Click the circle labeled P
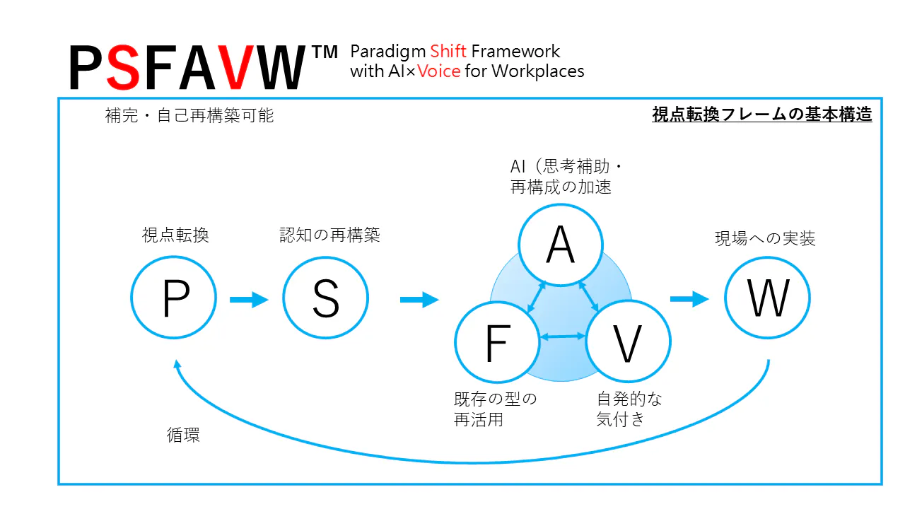click(x=174, y=299)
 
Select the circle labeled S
click(x=325, y=299)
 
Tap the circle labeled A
click(x=561, y=245)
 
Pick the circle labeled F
click(x=496, y=344)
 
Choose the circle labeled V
click(x=628, y=344)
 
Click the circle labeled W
click(x=768, y=299)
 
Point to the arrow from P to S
click(x=249, y=300)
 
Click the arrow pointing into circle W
click(x=689, y=299)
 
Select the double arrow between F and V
click(x=562, y=337)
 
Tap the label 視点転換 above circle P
click(x=175, y=235)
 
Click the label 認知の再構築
click(x=329, y=235)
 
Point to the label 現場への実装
click(x=765, y=239)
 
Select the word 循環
click(x=183, y=435)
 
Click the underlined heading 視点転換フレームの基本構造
click(x=761, y=115)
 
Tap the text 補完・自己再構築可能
click(x=189, y=116)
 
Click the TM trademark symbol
click(x=325, y=53)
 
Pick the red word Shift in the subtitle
click(x=448, y=52)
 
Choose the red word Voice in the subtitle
click(x=439, y=71)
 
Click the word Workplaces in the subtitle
click(x=538, y=71)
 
